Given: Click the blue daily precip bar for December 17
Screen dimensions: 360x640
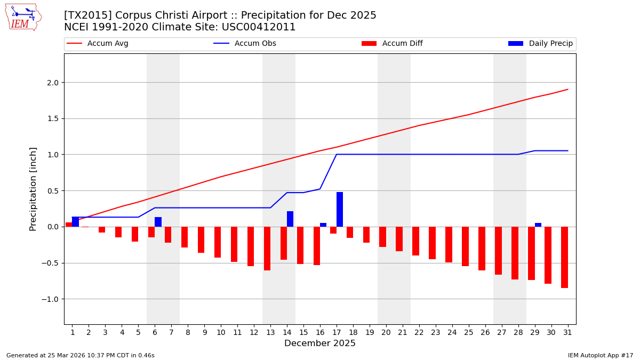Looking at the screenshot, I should point(340,209).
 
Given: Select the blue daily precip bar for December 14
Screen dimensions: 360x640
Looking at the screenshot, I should point(290,219).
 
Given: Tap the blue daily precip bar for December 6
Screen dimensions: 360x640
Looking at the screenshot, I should point(158,222).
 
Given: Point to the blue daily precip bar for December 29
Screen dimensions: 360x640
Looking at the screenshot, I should point(538,225).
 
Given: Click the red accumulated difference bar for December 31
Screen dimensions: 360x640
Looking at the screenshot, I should point(564,257).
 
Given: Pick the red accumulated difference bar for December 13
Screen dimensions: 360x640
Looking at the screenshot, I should point(267,249).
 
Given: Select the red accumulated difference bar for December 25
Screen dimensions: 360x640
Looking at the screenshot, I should point(465,246).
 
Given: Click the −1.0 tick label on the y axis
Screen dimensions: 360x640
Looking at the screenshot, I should point(51,299).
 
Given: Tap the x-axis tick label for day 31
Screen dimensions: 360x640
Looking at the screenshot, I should point(567,332).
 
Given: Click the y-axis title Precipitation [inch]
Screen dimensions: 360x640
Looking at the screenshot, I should point(33,189).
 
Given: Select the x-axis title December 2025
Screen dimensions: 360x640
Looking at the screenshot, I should point(320,343).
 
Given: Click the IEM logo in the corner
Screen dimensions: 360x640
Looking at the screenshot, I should point(23,17).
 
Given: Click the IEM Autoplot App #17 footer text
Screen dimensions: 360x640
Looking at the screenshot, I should point(600,355).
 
